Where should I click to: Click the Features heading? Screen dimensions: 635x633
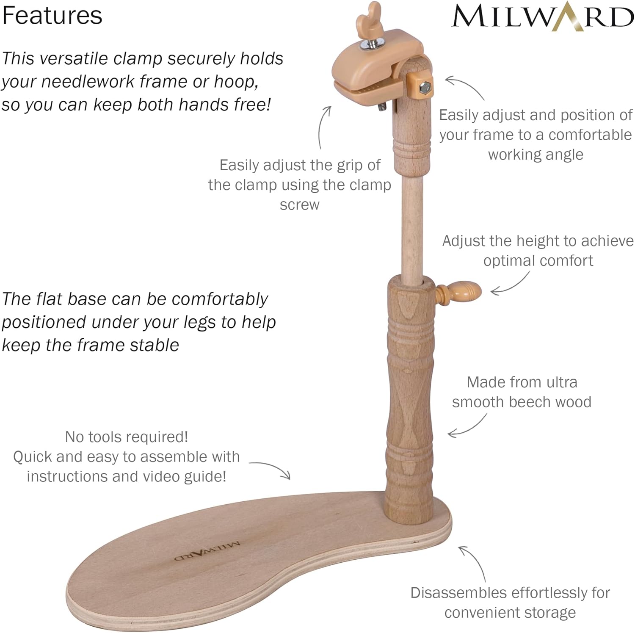(52, 16)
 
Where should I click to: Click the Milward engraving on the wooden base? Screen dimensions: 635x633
(207, 550)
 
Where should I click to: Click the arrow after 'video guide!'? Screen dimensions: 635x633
(271, 469)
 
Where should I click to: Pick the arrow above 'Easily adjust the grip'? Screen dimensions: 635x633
(323, 127)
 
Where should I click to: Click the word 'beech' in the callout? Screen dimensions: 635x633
(534, 402)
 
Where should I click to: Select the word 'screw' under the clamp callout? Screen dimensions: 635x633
(299, 205)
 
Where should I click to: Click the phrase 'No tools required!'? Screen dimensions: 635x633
(127, 437)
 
